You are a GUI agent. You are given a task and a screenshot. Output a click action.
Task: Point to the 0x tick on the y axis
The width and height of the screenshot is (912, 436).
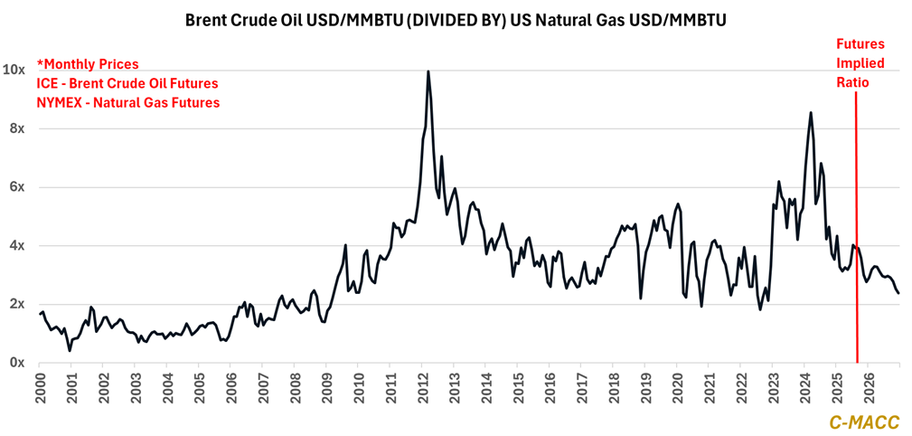coord(16,363)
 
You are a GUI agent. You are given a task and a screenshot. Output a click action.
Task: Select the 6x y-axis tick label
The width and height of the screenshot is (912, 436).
coord(16,187)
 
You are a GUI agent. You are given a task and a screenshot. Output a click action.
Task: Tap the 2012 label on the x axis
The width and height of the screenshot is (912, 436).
coord(423,384)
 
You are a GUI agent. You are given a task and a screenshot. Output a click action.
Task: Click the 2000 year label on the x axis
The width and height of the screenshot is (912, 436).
coord(41,384)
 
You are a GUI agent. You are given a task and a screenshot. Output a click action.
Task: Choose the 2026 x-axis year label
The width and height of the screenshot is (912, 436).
coord(869,384)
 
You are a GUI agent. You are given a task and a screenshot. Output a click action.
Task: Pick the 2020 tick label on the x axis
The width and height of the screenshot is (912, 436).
coord(678,384)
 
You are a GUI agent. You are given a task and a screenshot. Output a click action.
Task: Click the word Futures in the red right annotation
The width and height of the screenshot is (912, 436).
coord(860,43)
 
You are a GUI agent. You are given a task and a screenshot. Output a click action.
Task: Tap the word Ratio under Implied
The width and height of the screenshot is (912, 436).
coord(853,81)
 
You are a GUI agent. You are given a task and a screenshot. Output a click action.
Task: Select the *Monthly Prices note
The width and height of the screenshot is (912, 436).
coord(88,64)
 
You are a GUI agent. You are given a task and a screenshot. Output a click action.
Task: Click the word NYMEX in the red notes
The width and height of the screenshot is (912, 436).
coord(61,103)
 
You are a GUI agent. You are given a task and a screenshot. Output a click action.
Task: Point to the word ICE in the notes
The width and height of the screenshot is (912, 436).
coord(48,83)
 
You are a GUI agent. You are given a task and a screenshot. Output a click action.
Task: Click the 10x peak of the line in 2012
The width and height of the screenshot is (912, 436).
coord(428,71)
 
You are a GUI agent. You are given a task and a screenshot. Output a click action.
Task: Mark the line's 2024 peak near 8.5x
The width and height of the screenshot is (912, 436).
coord(810,112)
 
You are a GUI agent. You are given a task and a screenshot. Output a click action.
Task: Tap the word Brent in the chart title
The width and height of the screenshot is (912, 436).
coord(204,18)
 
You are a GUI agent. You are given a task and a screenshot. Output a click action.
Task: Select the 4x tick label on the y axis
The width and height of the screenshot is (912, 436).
coord(16,246)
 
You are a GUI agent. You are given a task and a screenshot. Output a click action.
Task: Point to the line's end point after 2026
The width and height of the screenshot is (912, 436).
coord(898,293)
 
